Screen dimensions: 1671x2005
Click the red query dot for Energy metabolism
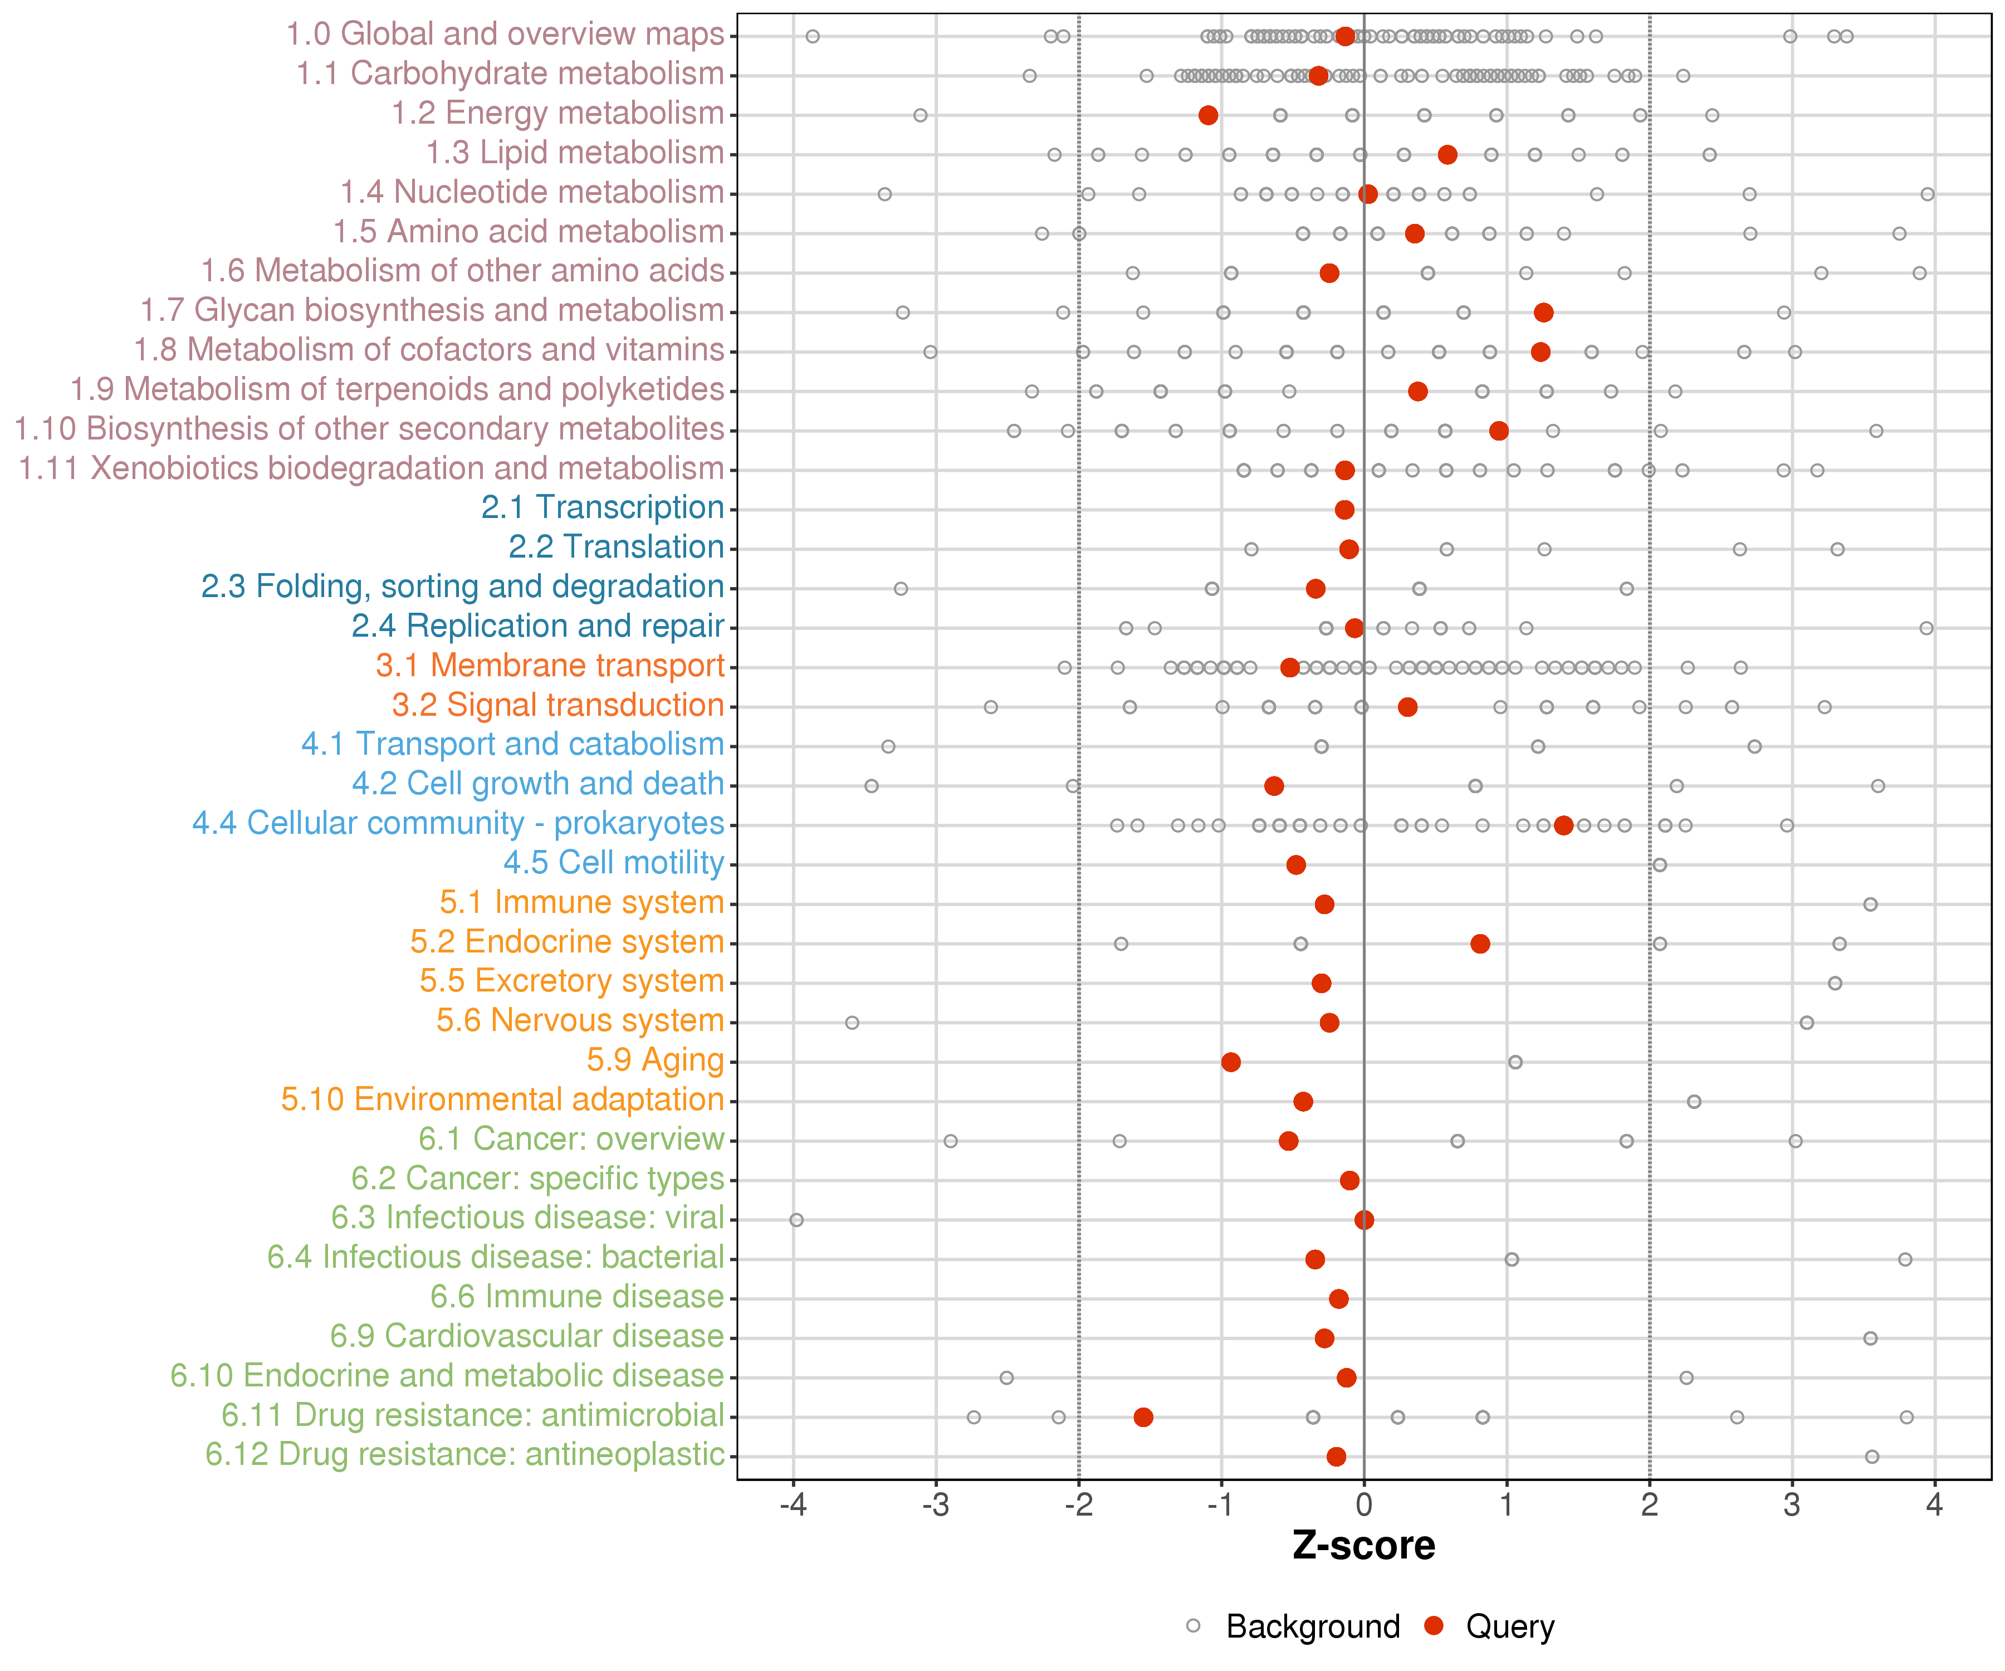1208,115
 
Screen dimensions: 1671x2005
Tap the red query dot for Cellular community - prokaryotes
1563,825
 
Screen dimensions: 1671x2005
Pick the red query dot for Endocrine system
1480,944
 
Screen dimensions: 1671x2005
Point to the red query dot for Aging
1231,1062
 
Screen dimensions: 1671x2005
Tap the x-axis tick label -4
793,1506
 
